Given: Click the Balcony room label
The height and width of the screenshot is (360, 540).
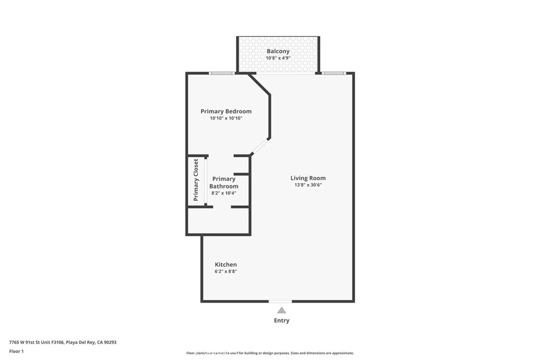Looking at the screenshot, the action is tap(278, 51).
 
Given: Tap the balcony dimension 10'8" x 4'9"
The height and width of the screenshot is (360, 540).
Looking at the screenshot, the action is tap(278, 58).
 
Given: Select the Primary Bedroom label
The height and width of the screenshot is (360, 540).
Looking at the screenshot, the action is tap(226, 112).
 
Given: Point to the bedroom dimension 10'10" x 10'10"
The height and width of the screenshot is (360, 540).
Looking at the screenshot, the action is tap(226, 119).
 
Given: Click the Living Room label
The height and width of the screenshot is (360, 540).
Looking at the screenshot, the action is tap(308, 178).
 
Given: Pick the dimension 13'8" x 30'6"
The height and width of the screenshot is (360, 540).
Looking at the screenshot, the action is tap(308, 185).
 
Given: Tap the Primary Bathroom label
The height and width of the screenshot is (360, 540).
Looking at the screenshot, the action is tap(224, 182).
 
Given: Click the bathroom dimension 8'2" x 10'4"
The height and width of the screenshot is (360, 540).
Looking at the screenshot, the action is tap(224, 193).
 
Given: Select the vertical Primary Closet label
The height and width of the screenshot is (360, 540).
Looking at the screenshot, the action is tap(196, 180).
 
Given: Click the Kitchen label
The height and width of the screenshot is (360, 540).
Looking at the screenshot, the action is tap(226, 265).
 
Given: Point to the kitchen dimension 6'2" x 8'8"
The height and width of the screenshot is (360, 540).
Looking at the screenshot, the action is tap(226, 271).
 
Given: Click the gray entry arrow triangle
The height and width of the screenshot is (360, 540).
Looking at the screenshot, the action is tap(282, 310).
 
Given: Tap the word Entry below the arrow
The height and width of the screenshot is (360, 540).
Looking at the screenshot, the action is tap(282, 320).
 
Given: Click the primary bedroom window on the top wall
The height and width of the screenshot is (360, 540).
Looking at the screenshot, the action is tap(222, 73).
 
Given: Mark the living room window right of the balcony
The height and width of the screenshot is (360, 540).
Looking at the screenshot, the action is tap(333, 73).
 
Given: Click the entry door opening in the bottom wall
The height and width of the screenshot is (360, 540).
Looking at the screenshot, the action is tap(281, 301).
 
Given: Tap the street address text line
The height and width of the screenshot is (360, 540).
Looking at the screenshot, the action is tap(63, 343).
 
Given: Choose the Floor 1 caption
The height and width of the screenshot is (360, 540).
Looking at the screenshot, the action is tap(16, 352).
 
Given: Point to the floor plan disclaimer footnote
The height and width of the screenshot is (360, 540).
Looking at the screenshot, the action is tap(270, 353).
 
